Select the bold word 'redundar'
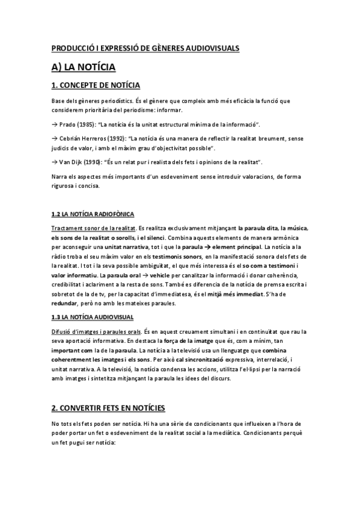pos(66,304)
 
